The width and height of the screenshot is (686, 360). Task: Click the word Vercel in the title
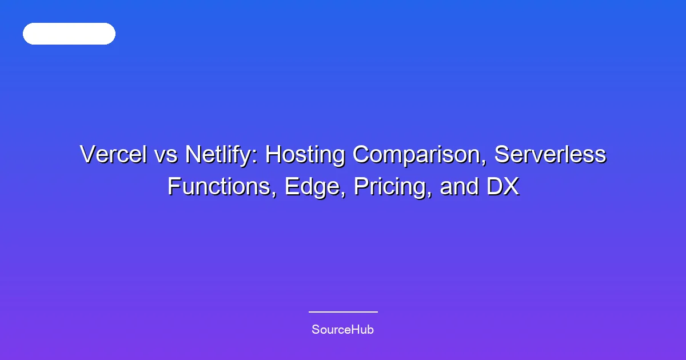[113, 154]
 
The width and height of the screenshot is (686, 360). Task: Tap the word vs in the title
[166, 156]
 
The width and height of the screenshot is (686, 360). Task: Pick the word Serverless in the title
[550, 154]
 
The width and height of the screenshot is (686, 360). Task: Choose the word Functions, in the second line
[222, 186]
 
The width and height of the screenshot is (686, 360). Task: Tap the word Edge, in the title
[316, 187]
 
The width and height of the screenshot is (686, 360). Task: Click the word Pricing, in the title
[393, 187]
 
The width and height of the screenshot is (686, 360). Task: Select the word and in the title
[459, 186]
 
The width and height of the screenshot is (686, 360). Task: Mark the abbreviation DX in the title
[503, 186]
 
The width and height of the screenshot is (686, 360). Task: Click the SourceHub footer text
[342, 330]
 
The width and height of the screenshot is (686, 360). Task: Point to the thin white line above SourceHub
[343, 312]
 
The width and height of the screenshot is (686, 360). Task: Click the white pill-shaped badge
[69, 34]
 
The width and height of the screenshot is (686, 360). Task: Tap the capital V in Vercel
[89, 154]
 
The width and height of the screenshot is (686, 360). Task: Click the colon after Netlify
[256, 157]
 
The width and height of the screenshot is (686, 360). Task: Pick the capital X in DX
[511, 186]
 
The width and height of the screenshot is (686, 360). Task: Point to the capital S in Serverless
[502, 154]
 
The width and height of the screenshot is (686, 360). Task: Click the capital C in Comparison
[362, 154]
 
